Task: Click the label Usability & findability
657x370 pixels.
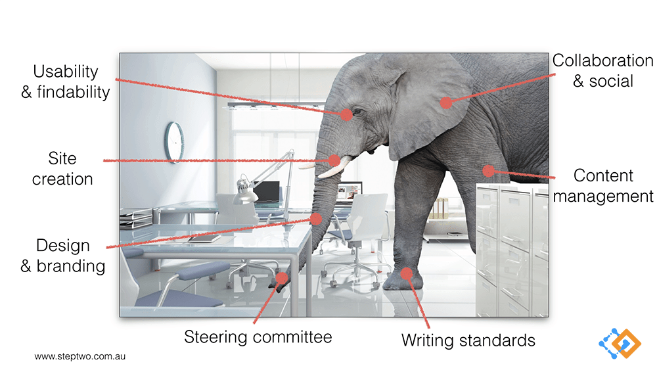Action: pyautogui.click(x=66, y=81)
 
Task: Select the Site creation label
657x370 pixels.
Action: pyautogui.click(x=62, y=168)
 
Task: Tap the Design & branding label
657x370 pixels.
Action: pyautogui.click(x=63, y=256)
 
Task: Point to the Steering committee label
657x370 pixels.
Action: pyautogui.click(x=258, y=337)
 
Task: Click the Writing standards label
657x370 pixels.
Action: pyautogui.click(x=468, y=340)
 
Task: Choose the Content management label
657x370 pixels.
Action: pyautogui.click(x=603, y=185)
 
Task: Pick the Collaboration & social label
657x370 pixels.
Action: pyautogui.click(x=603, y=71)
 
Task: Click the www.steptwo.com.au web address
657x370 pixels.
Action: pyautogui.click(x=80, y=357)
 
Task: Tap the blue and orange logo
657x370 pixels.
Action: pyautogui.click(x=620, y=344)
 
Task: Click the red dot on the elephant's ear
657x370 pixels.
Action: pyautogui.click(x=446, y=103)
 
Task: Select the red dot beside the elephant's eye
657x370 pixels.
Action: pyautogui.click(x=346, y=114)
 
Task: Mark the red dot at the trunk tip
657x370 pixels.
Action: pyautogui.click(x=282, y=278)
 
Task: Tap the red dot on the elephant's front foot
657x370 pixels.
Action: pyautogui.click(x=406, y=273)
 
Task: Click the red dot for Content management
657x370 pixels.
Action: pyautogui.click(x=488, y=171)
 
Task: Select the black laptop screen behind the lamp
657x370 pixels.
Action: pyautogui.click(x=267, y=191)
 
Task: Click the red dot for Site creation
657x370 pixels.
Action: pyautogui.click(x=334, y=160)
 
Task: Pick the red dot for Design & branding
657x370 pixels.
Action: pyautogui.click(x=315, y=218)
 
